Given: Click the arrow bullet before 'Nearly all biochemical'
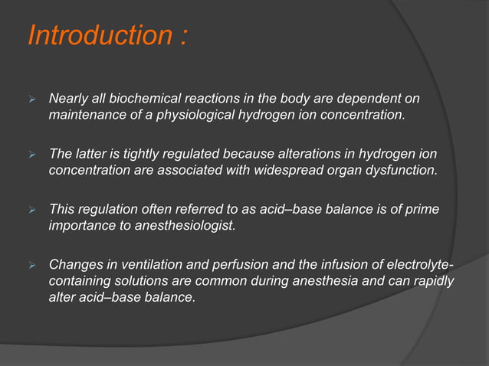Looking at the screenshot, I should (x=32, y=100).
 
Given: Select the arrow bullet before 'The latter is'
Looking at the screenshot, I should (x=32, y=154).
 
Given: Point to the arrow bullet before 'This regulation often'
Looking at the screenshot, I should (x=32, y=209).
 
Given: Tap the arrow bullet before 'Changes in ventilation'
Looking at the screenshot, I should (x=32, y=265).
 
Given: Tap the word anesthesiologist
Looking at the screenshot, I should (x=175, y=224).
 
